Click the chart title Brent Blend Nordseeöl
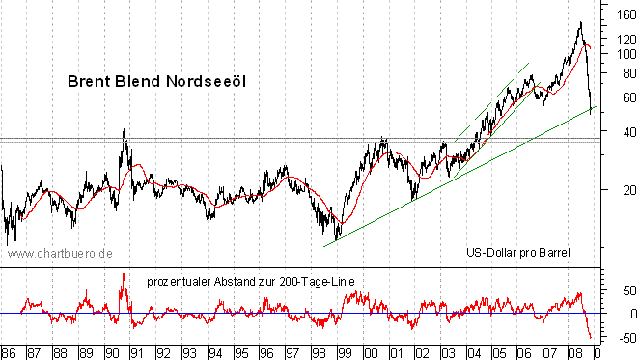click(x=157, y=83)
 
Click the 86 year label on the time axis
click(x=9, y=351)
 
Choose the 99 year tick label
click(x=343, y=351)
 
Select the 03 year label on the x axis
click(x=446, y=351)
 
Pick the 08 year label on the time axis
click(x=574, y=351)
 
